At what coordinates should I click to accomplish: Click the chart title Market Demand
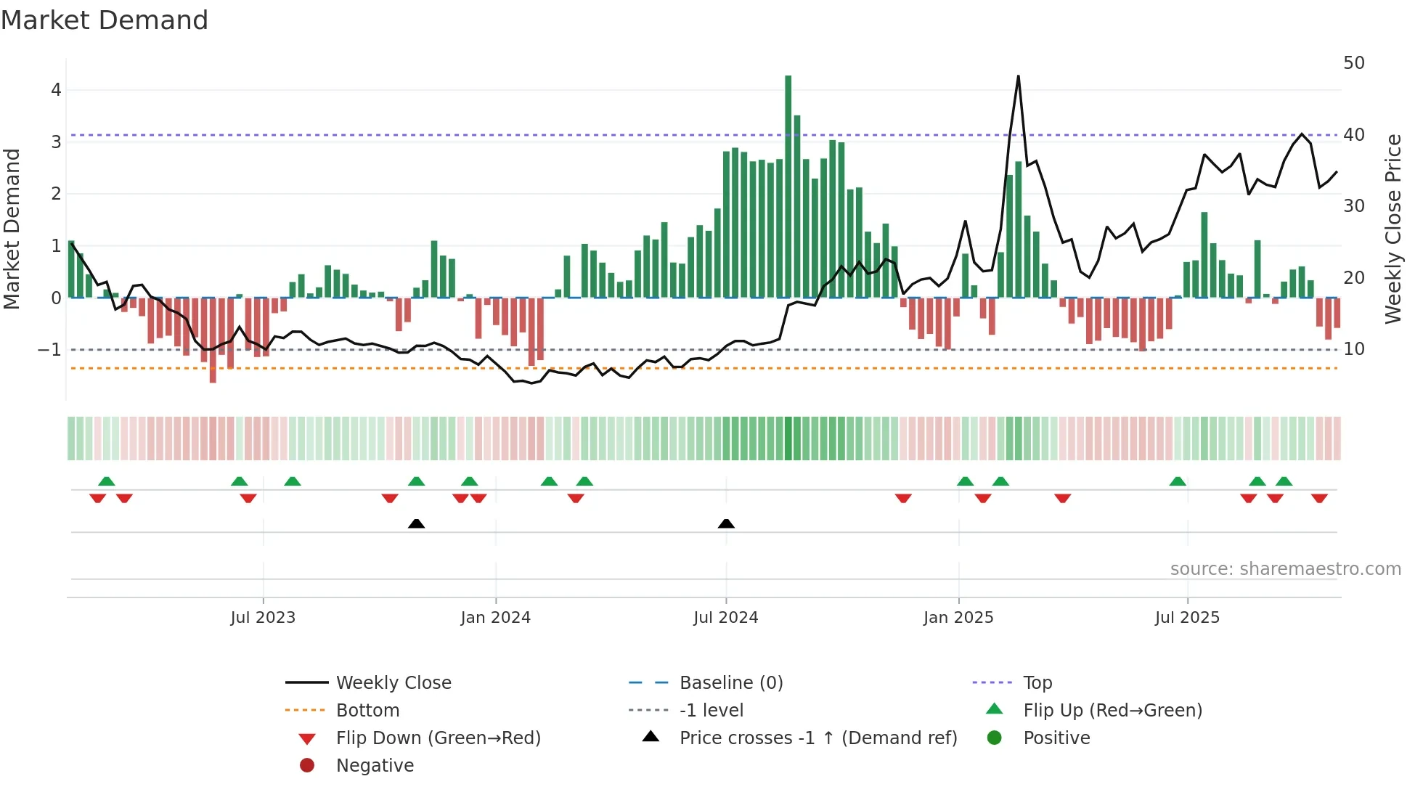105,20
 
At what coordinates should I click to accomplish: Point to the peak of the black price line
1018,77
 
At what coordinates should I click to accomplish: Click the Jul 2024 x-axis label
725,618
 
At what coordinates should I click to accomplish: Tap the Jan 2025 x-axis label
958,618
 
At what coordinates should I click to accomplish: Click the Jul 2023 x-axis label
263,618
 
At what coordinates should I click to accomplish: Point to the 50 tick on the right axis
1353,63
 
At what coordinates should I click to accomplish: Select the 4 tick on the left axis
56,90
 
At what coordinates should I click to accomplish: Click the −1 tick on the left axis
49,350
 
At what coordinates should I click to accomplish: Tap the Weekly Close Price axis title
1393,229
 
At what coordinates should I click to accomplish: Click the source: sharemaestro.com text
1285,569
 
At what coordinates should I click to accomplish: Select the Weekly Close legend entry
393,683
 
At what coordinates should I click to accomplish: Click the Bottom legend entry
367,711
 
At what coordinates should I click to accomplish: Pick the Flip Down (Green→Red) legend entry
438,738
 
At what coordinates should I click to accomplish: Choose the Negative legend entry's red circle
307,766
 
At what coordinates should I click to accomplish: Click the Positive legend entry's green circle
995,738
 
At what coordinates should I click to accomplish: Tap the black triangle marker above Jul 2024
726,523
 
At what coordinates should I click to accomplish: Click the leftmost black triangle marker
416,523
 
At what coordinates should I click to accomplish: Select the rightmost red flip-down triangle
1319,498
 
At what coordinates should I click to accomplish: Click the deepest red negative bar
213,341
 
